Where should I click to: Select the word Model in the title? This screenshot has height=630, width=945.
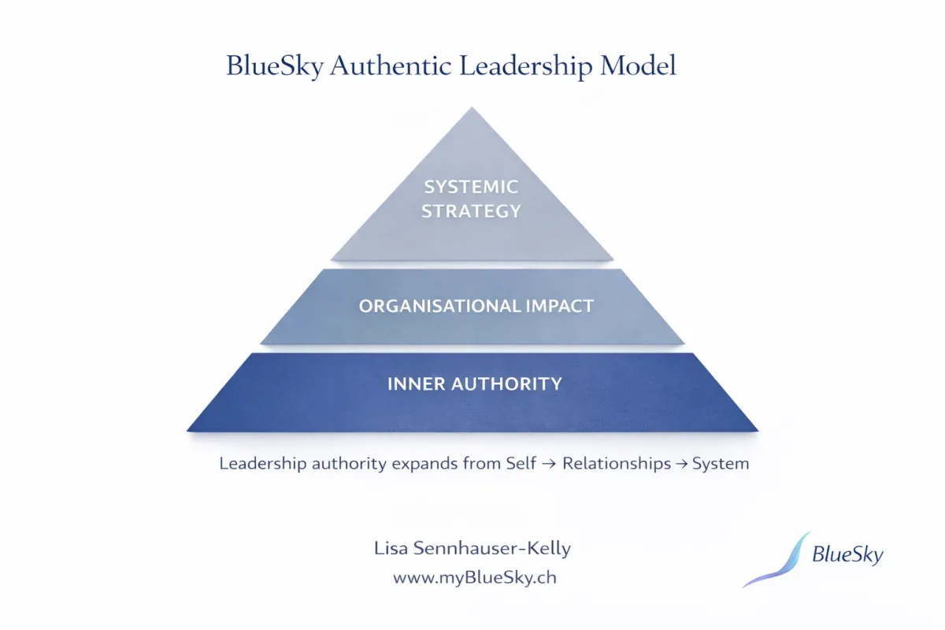click(x=638, y=66)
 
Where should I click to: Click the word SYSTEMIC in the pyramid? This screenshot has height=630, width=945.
click(x=472, y=187)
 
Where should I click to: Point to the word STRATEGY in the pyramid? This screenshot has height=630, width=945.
click(x=472, y=211)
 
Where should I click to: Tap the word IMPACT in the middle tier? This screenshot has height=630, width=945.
click(x=559, y=306)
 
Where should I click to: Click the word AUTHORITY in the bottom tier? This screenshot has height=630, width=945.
click(x=506, y=384)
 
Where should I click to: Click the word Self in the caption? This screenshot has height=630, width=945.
click(x=512, y=463)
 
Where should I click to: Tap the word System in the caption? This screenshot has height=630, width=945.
click(x=721, y=463)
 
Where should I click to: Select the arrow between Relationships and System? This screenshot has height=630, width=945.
click(x=681, y=464)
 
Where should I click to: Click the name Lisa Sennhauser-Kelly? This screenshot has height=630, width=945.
click(x=472, y=549)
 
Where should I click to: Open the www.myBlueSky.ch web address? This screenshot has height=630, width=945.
click(x=475, y=577)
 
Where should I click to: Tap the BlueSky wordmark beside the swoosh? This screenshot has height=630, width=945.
click(x=847, y=555)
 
